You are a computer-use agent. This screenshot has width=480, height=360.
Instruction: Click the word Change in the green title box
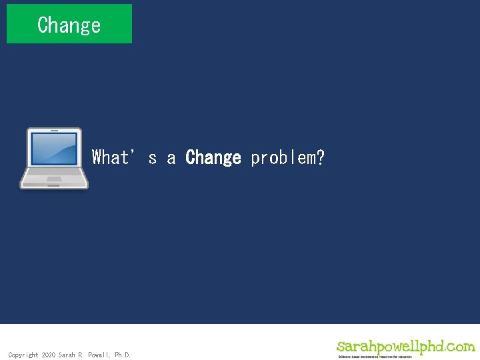tap(69, 25)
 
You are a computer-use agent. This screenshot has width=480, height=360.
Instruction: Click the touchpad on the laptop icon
tap(54, 179)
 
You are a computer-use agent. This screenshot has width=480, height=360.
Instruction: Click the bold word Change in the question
tap(213, 157)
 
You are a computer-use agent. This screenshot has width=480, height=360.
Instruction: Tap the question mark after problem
tap(321, 157)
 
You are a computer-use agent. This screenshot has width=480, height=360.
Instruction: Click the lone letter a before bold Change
tap(171, 158)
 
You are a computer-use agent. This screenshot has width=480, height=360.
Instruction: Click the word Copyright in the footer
tap(23, 355)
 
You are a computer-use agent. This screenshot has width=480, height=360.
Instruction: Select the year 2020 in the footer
tap(49, 355)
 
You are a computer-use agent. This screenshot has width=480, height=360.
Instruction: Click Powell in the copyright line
tap(100, 355)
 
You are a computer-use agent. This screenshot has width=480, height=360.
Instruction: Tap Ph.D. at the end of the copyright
tap(123, 355)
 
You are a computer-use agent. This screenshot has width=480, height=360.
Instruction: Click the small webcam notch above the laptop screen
tap(54, 131)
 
